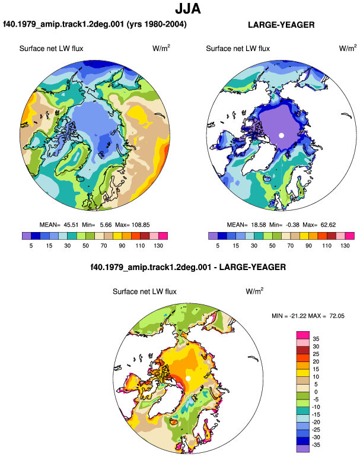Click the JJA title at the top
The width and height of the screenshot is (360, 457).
188,9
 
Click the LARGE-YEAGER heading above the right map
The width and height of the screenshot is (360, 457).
281,25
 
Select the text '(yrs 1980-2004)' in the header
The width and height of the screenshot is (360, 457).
157,24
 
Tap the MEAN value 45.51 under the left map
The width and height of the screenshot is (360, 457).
71,225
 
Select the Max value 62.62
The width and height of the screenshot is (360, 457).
328,225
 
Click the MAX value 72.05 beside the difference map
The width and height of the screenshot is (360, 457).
337,316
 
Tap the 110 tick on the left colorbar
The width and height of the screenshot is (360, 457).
140,246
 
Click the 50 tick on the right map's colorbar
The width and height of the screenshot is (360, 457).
272,246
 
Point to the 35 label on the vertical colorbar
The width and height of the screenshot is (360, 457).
316,339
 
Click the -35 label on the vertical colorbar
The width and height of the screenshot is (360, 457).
316,445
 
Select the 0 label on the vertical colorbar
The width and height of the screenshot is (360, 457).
316,392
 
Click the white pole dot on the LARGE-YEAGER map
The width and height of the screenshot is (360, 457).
281,135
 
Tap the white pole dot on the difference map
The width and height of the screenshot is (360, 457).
188,378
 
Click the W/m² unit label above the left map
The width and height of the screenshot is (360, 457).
161,48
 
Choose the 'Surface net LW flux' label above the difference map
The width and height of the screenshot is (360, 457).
145,292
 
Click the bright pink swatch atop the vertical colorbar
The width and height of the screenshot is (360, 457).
303,335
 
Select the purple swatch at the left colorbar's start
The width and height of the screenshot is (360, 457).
27,236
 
